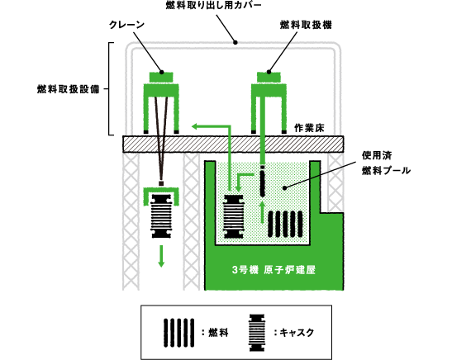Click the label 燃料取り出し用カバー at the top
click(213, 5)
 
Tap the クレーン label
click(126, 25)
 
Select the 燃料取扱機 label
click(306, 25)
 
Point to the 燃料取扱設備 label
click(69, 89)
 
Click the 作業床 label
click(309, 128)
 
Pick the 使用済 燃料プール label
click(386, 163)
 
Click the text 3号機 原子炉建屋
click(274, 270)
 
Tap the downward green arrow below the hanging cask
click(161, 256)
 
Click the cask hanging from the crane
click(161, 216)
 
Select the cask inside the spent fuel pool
click(233, 216)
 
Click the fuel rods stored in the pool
click(285, 224)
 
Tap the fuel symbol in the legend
click(179, 333)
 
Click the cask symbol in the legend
click(257, 333)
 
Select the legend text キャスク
click(297, 333)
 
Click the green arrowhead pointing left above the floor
click(195, 126)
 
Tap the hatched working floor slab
click(233, 144)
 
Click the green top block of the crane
click(161, 77)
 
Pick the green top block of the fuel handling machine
click(269, 77)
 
